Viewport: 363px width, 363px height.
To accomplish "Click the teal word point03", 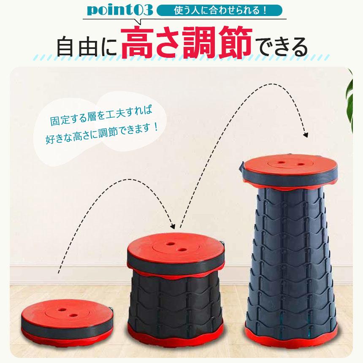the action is click(x=120, y=11).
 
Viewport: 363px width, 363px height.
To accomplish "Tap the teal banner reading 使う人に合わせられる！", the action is click(x=219, y=10).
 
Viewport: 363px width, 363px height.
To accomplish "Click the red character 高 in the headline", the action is click(x=137, y=42).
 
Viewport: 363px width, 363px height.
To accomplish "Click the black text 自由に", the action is click(x=87, y=47).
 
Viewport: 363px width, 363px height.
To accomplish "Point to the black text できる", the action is click(x=282, y=46).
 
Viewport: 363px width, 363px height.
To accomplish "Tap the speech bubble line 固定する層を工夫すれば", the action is click(x=101, y=116).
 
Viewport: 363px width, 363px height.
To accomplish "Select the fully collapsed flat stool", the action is click(x=67, y=322).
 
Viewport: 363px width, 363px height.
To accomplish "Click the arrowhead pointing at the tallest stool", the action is click(x=306, y=135).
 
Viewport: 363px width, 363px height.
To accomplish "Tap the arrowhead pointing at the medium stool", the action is click(x=173, y=226).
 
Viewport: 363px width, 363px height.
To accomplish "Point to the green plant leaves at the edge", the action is click(x=349, y=100).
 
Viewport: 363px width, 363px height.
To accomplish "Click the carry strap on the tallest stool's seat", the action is click(x=241, y=168).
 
